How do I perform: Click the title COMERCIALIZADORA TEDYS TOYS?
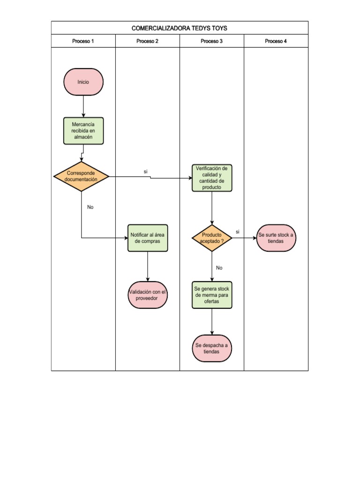[x=180, y=28]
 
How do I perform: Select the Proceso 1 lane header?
[x=83, y=41]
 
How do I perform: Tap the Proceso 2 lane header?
[x=147, y=41]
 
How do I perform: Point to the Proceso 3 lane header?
[x=211, y=41]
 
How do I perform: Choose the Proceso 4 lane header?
[x=276, y=41]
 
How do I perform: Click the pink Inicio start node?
[x=83, y=82]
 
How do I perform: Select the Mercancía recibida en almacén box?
[x=83, y=131]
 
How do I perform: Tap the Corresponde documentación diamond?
[x=82, y=177]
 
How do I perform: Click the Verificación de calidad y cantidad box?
[x=212, y=178]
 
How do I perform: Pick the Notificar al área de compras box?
[x=148, y=238]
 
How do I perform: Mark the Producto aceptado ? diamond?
[x=212, y=238]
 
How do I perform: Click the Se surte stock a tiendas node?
[x=276, y=238]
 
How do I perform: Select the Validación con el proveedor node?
[x=148, y=295]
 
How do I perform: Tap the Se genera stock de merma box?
[x=212, y=295]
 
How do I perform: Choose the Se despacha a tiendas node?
[x=212, y=348]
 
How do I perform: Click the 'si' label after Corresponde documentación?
[x=146, y=172]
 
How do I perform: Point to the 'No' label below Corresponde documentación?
[x=90, y=207]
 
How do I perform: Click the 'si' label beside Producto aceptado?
[x=238, y=232]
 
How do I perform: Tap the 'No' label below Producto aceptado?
[x=219, y=268]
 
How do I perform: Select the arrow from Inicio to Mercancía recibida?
[x=83, y=106]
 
